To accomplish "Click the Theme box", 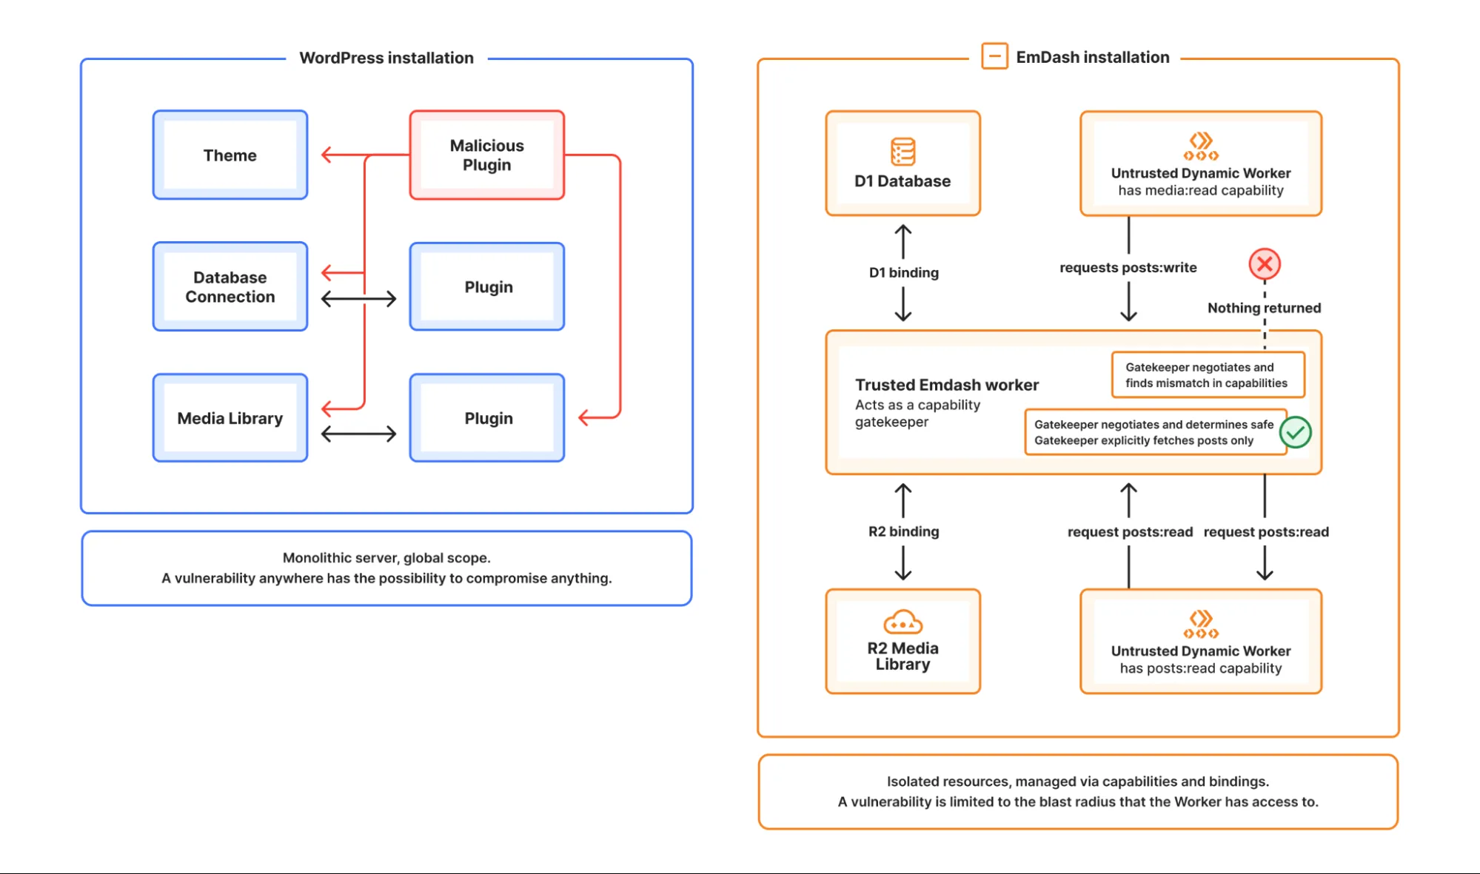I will pos(230,155).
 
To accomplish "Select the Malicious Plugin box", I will pos(486,155).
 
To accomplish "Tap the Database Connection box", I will pos(230,287).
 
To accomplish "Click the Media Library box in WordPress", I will pos(230,418).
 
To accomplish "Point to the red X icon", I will pos(1265,264).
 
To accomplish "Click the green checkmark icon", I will pos(1296,432).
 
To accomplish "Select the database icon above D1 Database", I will pos(903,152).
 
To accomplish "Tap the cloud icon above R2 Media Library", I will pos(903,622).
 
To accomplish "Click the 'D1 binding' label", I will pos(903,272).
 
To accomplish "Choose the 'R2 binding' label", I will pos(903,531).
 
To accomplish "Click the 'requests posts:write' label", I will pos(1128,267).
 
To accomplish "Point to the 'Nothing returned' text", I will pos(1264,308).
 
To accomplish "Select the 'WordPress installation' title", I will pos(386,58).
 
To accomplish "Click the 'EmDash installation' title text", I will pos(1092,57).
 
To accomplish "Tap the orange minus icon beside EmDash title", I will pos(994,56).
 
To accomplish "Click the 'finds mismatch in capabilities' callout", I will pos(1207,375).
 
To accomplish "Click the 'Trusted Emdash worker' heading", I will pos(946,385).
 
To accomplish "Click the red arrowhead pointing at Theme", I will pos(326,155).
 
